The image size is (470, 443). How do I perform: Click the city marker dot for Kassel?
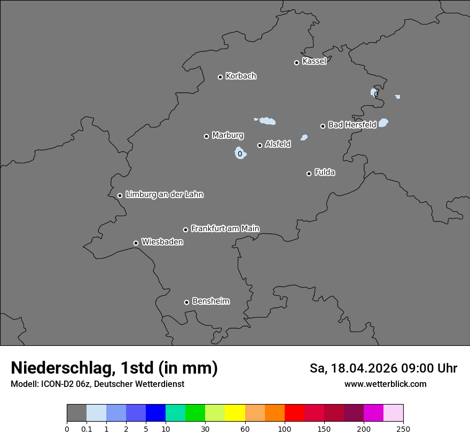[x=296, y=62]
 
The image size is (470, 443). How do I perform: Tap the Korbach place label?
[x=241, y=76]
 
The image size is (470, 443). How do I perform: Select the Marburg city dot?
[x=206, y=136]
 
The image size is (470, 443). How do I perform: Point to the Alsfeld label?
[x=278, y=144]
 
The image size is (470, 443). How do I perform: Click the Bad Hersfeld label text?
[x=352, y=125]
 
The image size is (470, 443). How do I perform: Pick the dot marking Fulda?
[x=309, y=173]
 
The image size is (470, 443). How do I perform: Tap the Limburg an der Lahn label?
[x=164, y=195]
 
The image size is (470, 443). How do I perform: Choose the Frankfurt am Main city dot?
[x=186, y=230]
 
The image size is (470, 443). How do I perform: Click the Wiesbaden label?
[x=162, y=242]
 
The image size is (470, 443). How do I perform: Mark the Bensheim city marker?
[x=186, y=302]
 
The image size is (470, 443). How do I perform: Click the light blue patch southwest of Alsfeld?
[x=240, y=154]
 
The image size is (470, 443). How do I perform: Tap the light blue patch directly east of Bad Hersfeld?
[x=383, y=123]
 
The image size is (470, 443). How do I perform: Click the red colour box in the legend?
[x=294, y=413]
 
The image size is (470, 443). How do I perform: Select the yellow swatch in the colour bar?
[x=235, y=413]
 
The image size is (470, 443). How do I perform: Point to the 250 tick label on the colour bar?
[x=403, y=429]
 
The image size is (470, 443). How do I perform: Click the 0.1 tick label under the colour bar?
[x=87, y=429]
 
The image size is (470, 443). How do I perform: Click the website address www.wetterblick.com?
[x=385, y=384]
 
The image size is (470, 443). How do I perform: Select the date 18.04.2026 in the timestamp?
[x=364, y=368]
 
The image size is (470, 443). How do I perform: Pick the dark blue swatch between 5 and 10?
[x=155, y=413]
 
